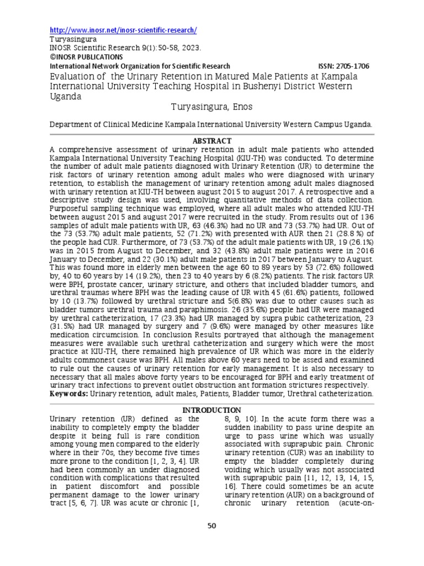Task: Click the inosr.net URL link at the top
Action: (123, 30)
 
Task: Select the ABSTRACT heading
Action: (211, 141)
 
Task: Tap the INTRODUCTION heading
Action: (211, 410)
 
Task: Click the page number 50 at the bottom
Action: (211, 526)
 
